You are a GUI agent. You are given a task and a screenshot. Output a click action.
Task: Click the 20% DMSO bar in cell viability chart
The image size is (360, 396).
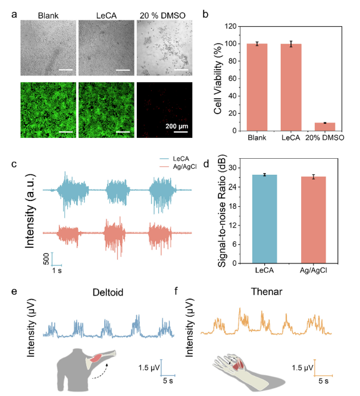[x=324, y=127]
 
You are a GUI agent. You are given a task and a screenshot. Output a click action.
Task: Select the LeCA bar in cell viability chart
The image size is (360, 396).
[x=291, y=95]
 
